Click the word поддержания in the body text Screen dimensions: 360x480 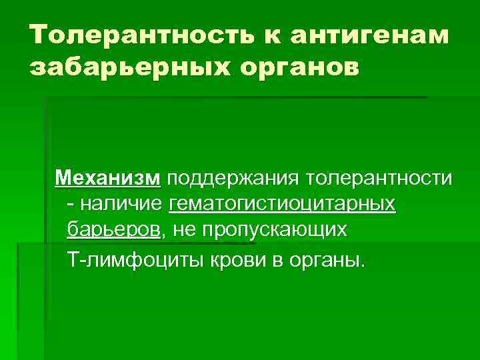click(x=233, y=179)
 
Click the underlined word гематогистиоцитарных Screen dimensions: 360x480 click(x=283, y=204)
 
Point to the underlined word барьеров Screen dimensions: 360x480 click(x=113, y=230)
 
